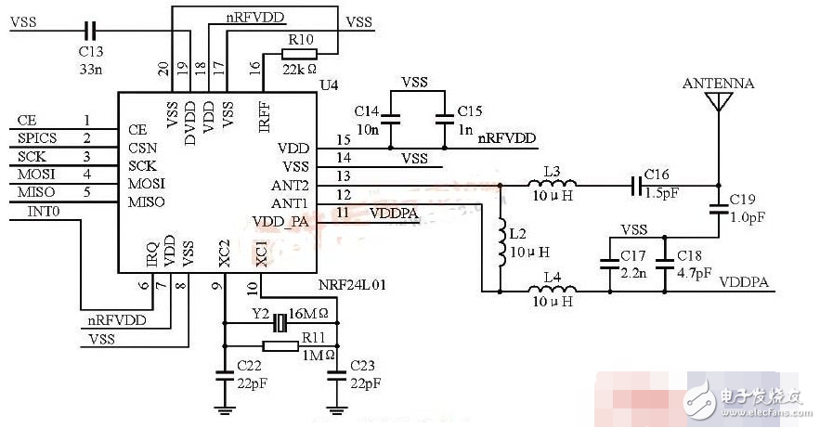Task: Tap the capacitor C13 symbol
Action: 89,30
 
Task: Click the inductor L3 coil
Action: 551,186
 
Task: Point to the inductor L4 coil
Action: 551,292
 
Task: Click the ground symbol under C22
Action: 224,408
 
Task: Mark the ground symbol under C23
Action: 337,408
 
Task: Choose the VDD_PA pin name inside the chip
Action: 280,221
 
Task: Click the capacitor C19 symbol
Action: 717,212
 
